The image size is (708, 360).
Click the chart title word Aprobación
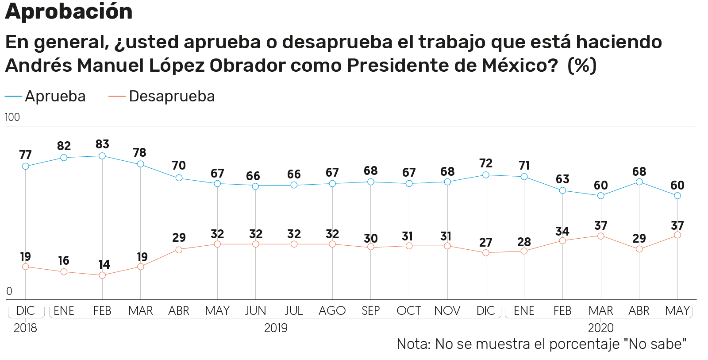pyautogui.click(x=69, y=11)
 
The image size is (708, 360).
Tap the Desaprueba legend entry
pyautogui.click(x=162, y=96)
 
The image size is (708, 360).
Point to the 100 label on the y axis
pyautogui.click(x=12, y=117)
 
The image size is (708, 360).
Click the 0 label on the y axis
pyautogui.click(x=9, y=291)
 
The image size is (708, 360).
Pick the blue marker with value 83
pyautogui.click(x=102, y=156)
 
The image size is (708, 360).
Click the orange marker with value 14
pyautogui.click(x=102, y=275)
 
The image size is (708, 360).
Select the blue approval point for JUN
pyautogui.click(x=255, y=186)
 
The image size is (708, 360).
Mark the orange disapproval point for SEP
pyautogui.click(x=371, y=247)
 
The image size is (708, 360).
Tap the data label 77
pyautogui.click(x=26, y=155)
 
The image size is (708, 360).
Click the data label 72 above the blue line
pyautogui.click(x=486, y=163)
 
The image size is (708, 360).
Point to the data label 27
pyautogui.click(x=486, y=243)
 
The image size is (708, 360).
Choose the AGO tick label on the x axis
pyautogui.click(x=332, y=311)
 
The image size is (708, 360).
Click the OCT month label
pyautogui.click(x=409, y=311)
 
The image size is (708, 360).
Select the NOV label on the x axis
pyautogui.click(x=447, y=311)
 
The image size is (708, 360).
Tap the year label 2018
pyautogui.click(x=25, y=328)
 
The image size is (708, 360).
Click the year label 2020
pyautogui.click(x=600, y=328)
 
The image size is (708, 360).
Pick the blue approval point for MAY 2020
pyautogui.click(x=677, y=196)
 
